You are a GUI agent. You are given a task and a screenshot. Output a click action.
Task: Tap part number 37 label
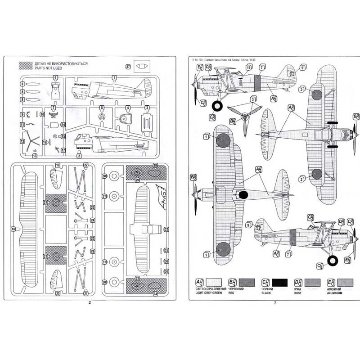point(128,67)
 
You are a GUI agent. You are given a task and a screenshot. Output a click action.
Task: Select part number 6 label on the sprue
point(55,77)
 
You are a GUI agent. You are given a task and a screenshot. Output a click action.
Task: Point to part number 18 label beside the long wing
point(13,229)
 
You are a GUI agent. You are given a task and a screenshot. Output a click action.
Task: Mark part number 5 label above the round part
point(102,108)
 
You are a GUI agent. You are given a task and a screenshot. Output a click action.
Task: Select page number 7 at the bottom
point(274,302)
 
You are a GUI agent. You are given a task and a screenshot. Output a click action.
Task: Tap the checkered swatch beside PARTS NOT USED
point(25,66)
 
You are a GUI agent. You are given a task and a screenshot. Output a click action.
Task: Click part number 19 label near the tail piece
point(58,166)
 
